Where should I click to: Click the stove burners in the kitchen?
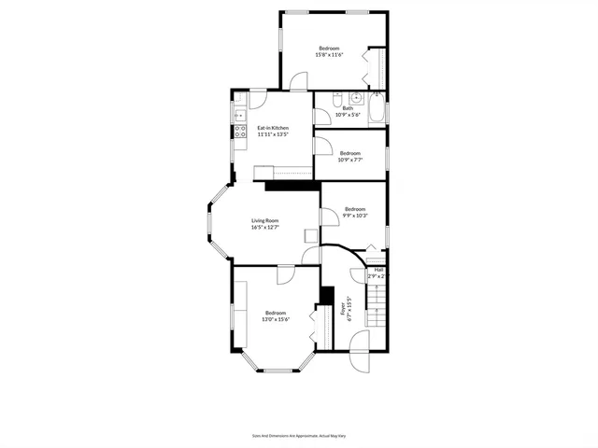click(238, 132)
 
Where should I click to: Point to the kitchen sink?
click(238, 116)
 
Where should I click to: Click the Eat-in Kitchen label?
click(273, 128)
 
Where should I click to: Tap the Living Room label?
click(264, 220)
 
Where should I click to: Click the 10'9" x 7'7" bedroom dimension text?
click(349, 160)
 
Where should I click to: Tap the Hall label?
click(379, 270)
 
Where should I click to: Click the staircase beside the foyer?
click(375, 304)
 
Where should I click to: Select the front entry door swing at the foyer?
click(359, 359)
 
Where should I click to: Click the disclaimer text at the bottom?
click(298, 435)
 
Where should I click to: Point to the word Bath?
click(348, 108)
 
